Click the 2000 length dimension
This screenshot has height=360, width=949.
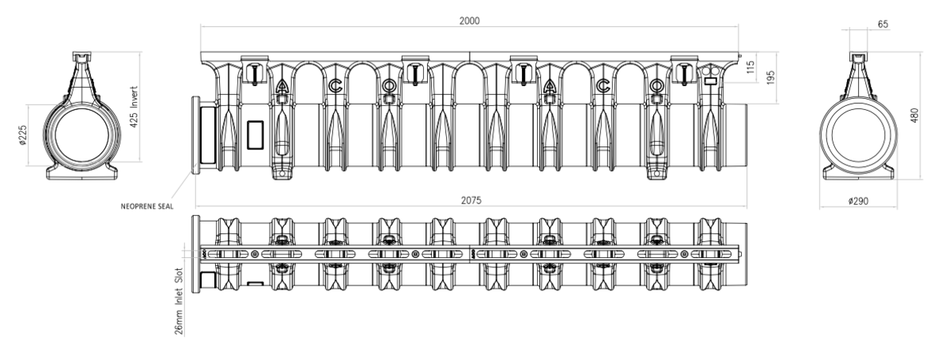coord(470,21)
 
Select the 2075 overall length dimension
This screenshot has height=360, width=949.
coord(471,200)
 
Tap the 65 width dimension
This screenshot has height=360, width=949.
coord(883,25)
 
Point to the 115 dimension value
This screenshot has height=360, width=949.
coord(751,67)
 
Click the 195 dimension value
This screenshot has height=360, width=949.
coord(770,78)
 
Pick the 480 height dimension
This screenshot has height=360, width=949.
coord(915,116)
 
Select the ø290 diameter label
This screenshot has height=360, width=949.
coord(858,201)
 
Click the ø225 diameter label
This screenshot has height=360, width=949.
coord(23,135)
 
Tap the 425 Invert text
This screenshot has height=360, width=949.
coord(134,107)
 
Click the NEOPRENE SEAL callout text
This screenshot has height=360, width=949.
coord(147,207)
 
